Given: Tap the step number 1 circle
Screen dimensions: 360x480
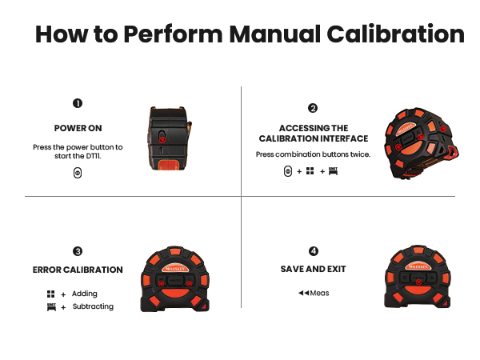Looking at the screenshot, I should click(x=78, y=103).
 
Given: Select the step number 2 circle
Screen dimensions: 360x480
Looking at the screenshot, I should click(x=313, y=108).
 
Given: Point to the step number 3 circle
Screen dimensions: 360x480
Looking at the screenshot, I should click(x=78, y=250).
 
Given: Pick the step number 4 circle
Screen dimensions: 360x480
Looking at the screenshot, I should click(x=313, y=250).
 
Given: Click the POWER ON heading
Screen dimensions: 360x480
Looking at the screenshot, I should click(x=78, y=128).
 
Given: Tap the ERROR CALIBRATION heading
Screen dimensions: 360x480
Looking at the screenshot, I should click(x=78, y=270).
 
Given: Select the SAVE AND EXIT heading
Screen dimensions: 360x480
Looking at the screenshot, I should click(x=313, y=269).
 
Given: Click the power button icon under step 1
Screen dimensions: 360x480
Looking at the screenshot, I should click(x=78, y=173).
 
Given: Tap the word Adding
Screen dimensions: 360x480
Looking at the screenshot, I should click(x=85, y=294).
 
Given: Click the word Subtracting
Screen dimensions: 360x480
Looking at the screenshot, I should click(x=93, y=306).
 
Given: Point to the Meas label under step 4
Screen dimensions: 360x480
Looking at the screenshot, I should click(x=319, y=293).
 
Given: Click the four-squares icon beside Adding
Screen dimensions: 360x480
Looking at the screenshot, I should click(x=51, y=294).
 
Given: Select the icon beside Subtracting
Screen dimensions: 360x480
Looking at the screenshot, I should click(x=51, y=306).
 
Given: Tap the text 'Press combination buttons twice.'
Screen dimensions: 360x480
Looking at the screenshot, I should click(x=313, y=154).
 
